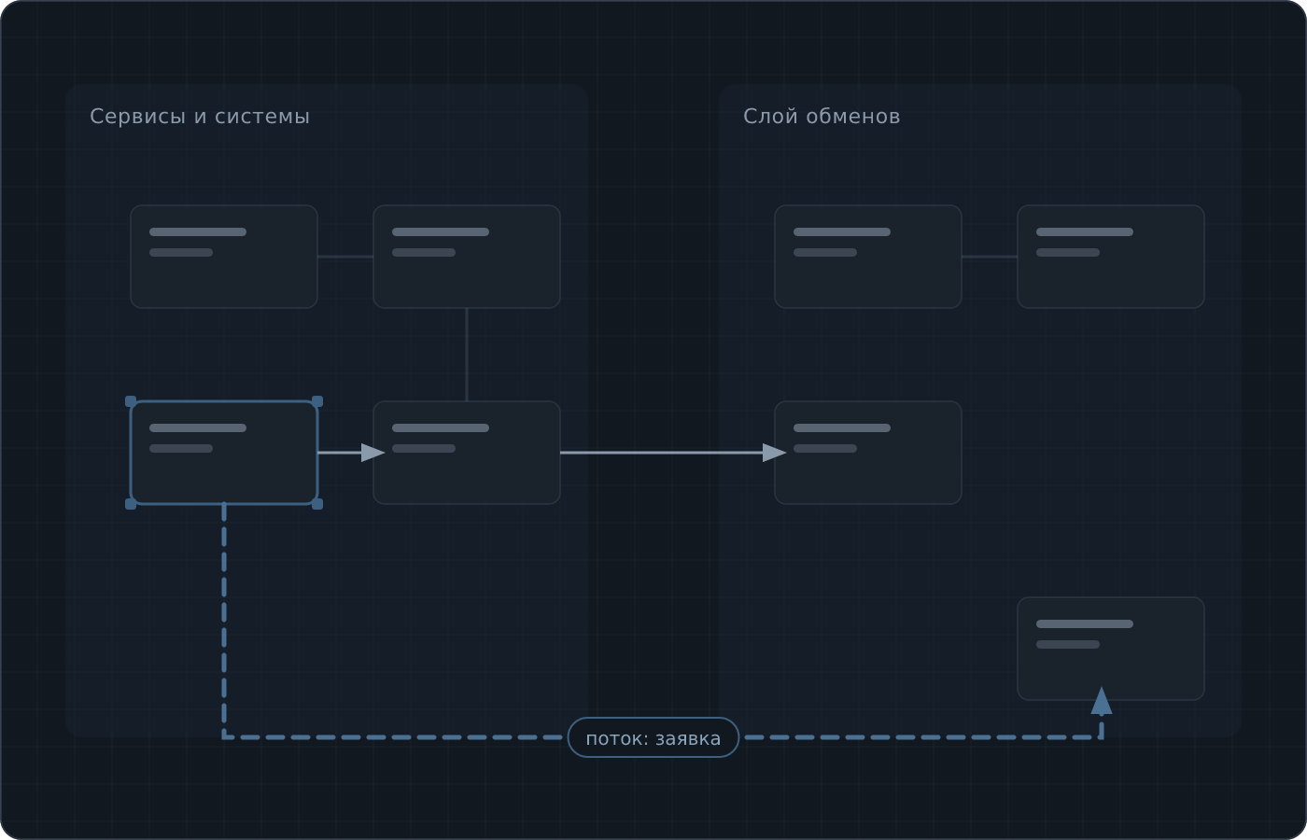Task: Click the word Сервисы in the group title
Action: click(x=138, y=117)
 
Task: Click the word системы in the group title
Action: click(x=262, y=117)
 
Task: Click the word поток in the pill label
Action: click(x=617, y=739)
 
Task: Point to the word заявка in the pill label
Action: click(x=688, y=739)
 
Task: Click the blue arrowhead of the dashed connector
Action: click(x=1102, y=701)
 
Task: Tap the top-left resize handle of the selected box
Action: click(x=131, y=401)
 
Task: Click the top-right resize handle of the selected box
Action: click(x=317, y=401)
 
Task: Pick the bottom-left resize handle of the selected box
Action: click(x=131, y=504)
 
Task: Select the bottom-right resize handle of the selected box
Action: click(x=317, y=504)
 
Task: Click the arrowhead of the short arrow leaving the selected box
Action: click(x=372, y=453)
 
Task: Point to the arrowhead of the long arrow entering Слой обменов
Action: click(x=774, y=453)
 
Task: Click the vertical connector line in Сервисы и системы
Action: click(x=467, y=355)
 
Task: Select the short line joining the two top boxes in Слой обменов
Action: click(x=990, y=257)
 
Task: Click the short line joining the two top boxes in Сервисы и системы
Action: click(x=345, y=257)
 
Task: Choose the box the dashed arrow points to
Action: click(x=1111, y=649)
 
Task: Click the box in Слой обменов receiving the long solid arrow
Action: click(x=868, y=453)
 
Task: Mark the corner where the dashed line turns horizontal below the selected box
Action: click(x=224, y=737)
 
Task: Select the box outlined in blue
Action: click(x=224, y=453)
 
